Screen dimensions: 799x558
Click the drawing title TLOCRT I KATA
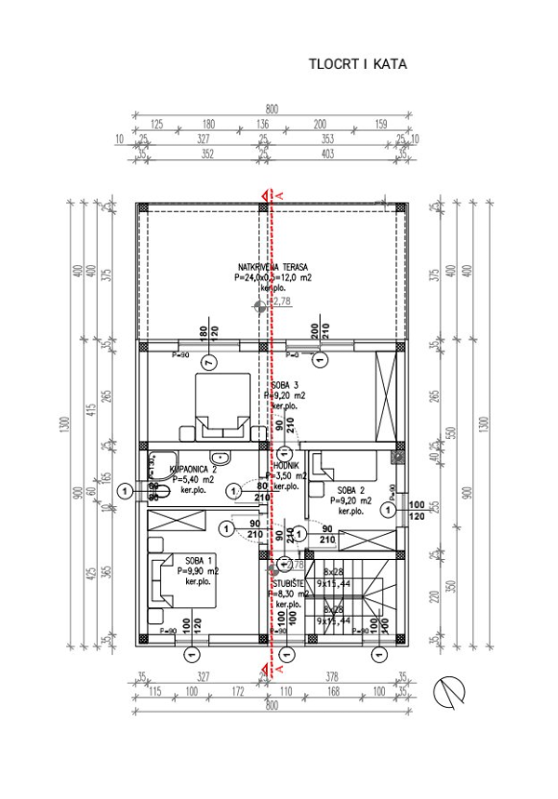tap(358, 66)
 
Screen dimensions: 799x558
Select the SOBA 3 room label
tap(285, 385)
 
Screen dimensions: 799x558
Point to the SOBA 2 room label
tap(350, 490)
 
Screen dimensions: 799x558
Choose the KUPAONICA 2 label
tap(193, 470)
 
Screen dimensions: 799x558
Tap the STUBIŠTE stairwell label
tap(287, 581)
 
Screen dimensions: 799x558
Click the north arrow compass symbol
tap(450, 691)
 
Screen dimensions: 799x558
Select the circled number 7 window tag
tap(208, 360)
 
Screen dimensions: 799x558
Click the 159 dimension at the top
tap(381, 124)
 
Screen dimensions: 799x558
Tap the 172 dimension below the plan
tap(239, 691)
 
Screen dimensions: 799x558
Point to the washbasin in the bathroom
tap(220, 457)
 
